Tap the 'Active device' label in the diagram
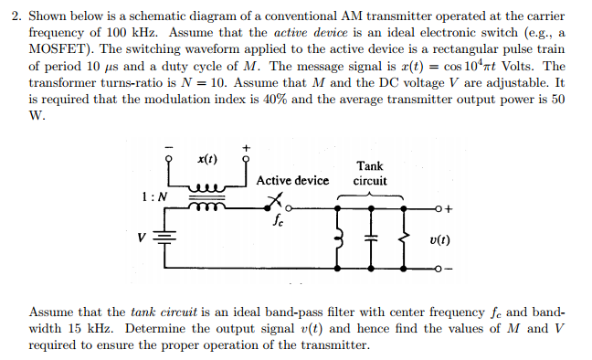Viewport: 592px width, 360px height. coord(292,180)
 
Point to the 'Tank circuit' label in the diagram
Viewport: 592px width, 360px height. coord(369,173)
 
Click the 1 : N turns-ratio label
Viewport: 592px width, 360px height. coord(153,196)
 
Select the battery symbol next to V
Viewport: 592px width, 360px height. coord(165,238)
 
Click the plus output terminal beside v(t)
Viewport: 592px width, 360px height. coord(442,209)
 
